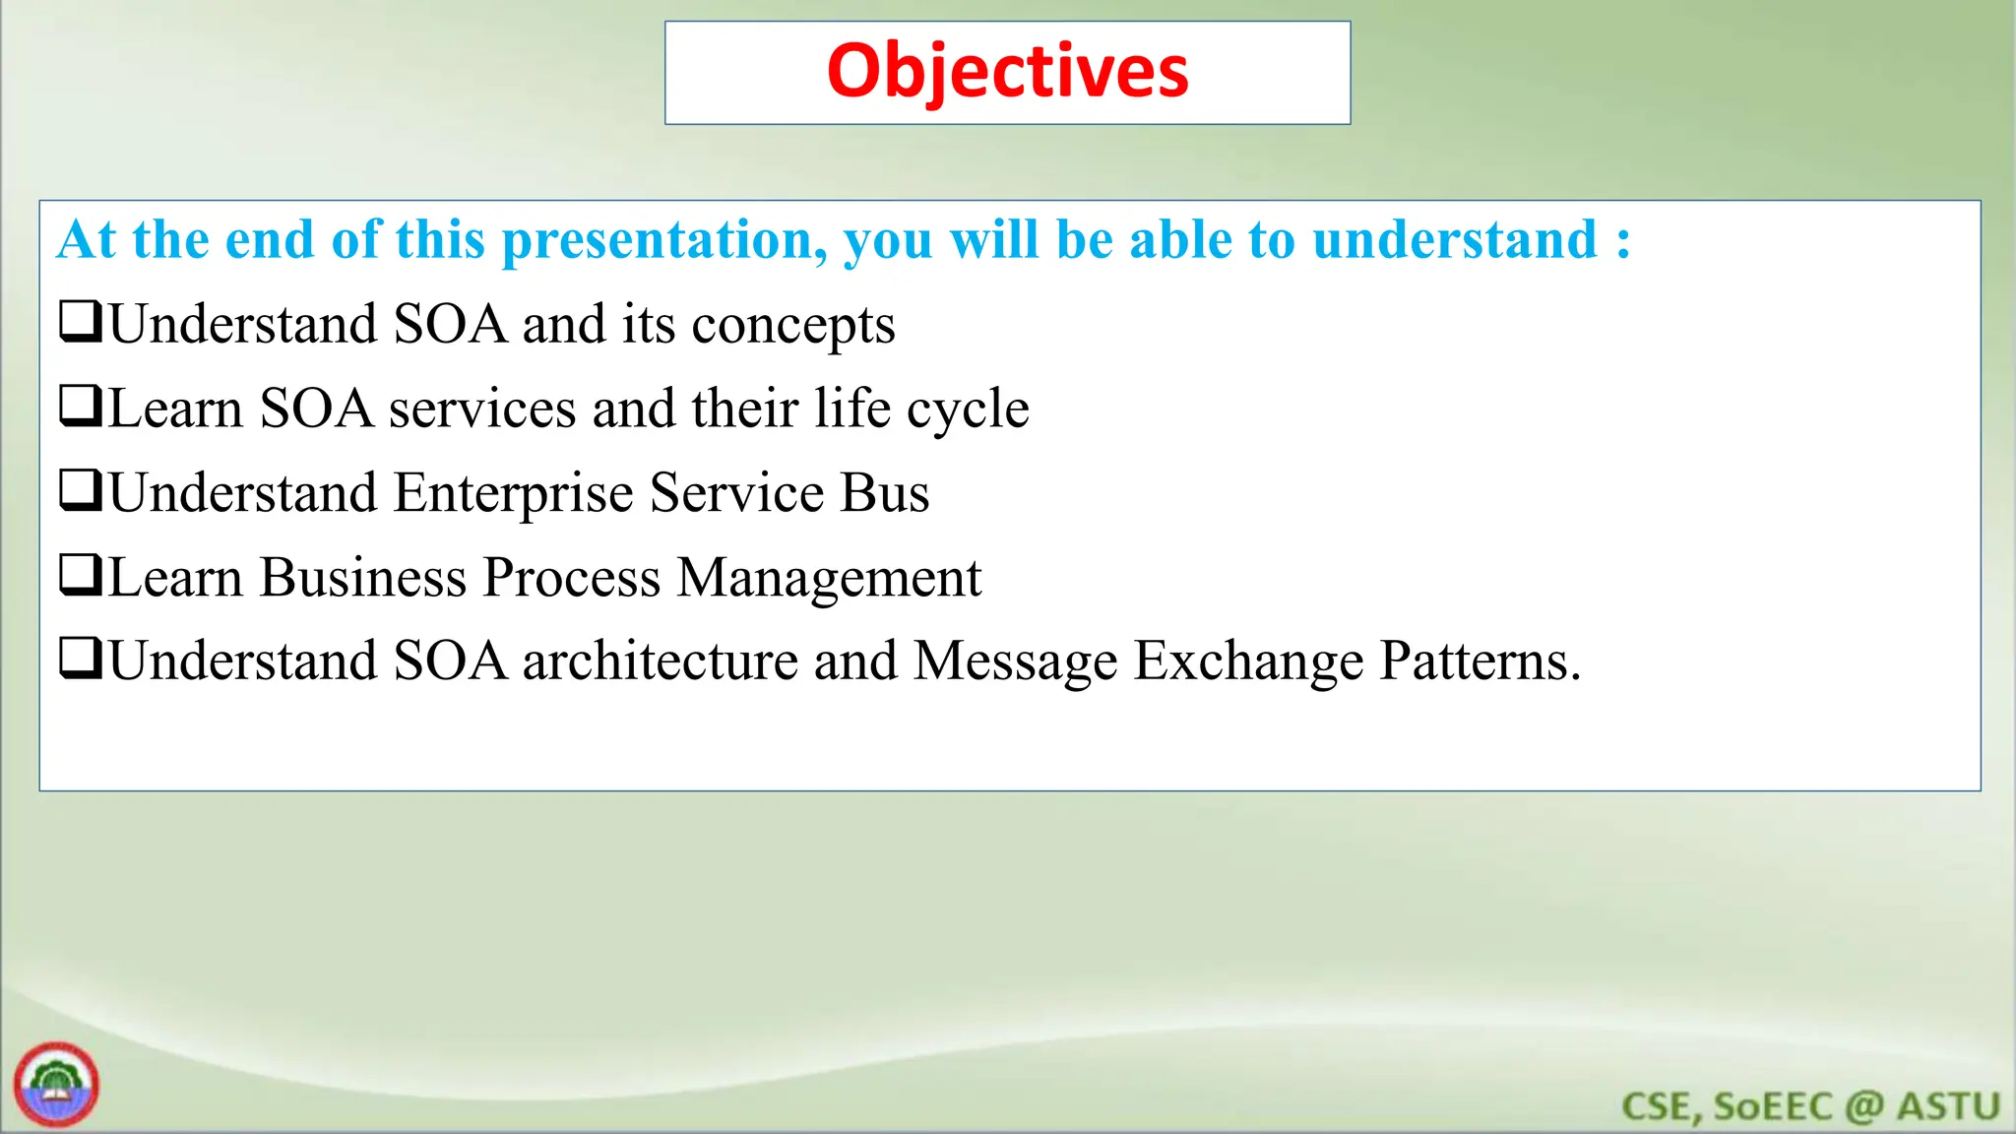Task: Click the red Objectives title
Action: coord(1007,72)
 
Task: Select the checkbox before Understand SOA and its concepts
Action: coord(81,322)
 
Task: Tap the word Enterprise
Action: coord(513,494)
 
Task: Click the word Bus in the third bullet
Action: coord(884,493)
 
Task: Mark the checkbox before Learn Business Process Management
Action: coord(81,575)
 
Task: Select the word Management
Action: coord(829,578)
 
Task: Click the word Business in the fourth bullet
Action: coord(363,577)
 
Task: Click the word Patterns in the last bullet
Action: coord(1479,661)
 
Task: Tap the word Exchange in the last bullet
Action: coord(1248,661)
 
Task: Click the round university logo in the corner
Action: coord(56,1085)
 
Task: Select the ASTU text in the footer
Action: coord(1948,1106)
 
